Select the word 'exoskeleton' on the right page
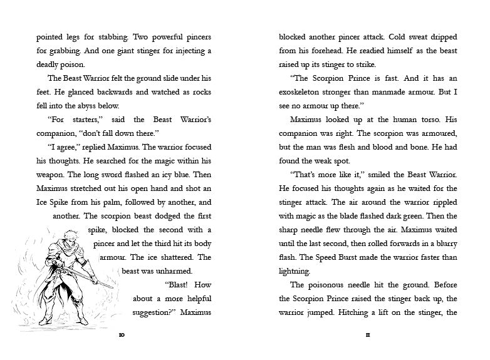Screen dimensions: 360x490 [x=307, y=92]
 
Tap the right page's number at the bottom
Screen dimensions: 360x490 [x=368, y=336]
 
